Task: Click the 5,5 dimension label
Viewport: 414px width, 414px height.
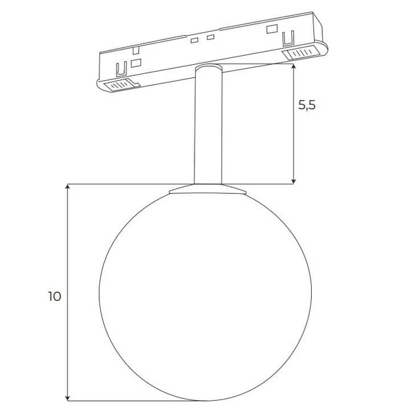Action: coord(307,106)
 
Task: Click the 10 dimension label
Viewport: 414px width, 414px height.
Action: coord(55,297)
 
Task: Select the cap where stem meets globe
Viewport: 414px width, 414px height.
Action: coord(207,188)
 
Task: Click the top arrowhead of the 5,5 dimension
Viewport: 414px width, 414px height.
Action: coord(295,66)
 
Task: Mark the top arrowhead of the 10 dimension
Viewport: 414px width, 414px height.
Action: coord(67,188)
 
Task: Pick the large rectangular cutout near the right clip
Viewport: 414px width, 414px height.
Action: coord(272,30)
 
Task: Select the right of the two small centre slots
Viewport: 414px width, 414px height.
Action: coord(210,37)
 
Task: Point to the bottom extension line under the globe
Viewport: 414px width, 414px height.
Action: coord(117,400)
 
